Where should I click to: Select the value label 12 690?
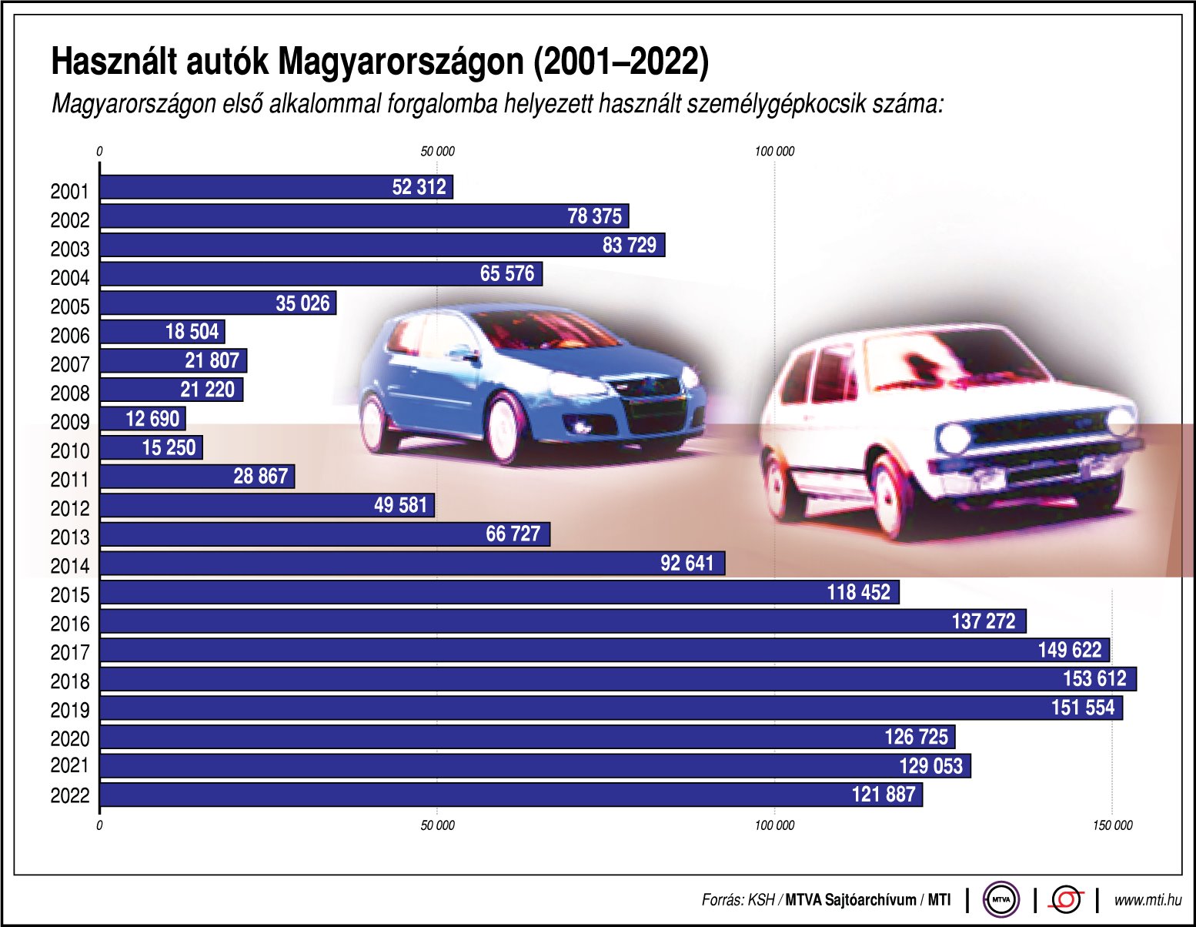click(152, 419)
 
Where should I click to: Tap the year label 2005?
click(70, 307)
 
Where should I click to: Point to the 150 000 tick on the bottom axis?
click(1113, 825)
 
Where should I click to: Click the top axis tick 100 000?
click(774, 152)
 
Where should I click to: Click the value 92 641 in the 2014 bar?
click(687, 564)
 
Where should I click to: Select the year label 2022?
click(70, 795)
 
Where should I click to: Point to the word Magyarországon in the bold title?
click(399, 62)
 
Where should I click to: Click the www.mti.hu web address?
click(1148, 899)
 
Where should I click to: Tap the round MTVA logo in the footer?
click(1001, 899)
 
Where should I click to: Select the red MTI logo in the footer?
click(1067, 899)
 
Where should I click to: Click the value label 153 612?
click(1094, 679)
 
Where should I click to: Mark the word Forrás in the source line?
click(722, 899)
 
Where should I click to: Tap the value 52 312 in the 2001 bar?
click(419, 187)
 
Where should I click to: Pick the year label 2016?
click(70, 624)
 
